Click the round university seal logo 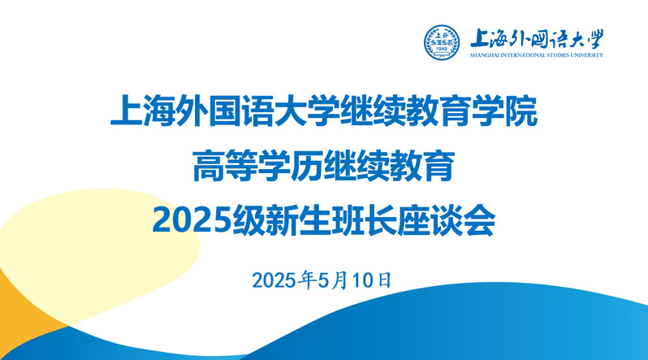click(442, 42)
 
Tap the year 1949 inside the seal click(442, 50)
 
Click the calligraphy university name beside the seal click(537, 39)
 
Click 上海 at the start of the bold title click(143, 111)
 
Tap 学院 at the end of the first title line click(505, 111)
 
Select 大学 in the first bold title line click(308, 111)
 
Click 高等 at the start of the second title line click(225, 166)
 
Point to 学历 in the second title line click(291, 166)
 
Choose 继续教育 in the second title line click(390, 166)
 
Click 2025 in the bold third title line click(192, 220)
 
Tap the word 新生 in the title click(297, 220)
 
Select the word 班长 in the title click(363, 220)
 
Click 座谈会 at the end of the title click(446, 220)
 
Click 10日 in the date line click(372, 280)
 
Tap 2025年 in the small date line click(284, 280)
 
